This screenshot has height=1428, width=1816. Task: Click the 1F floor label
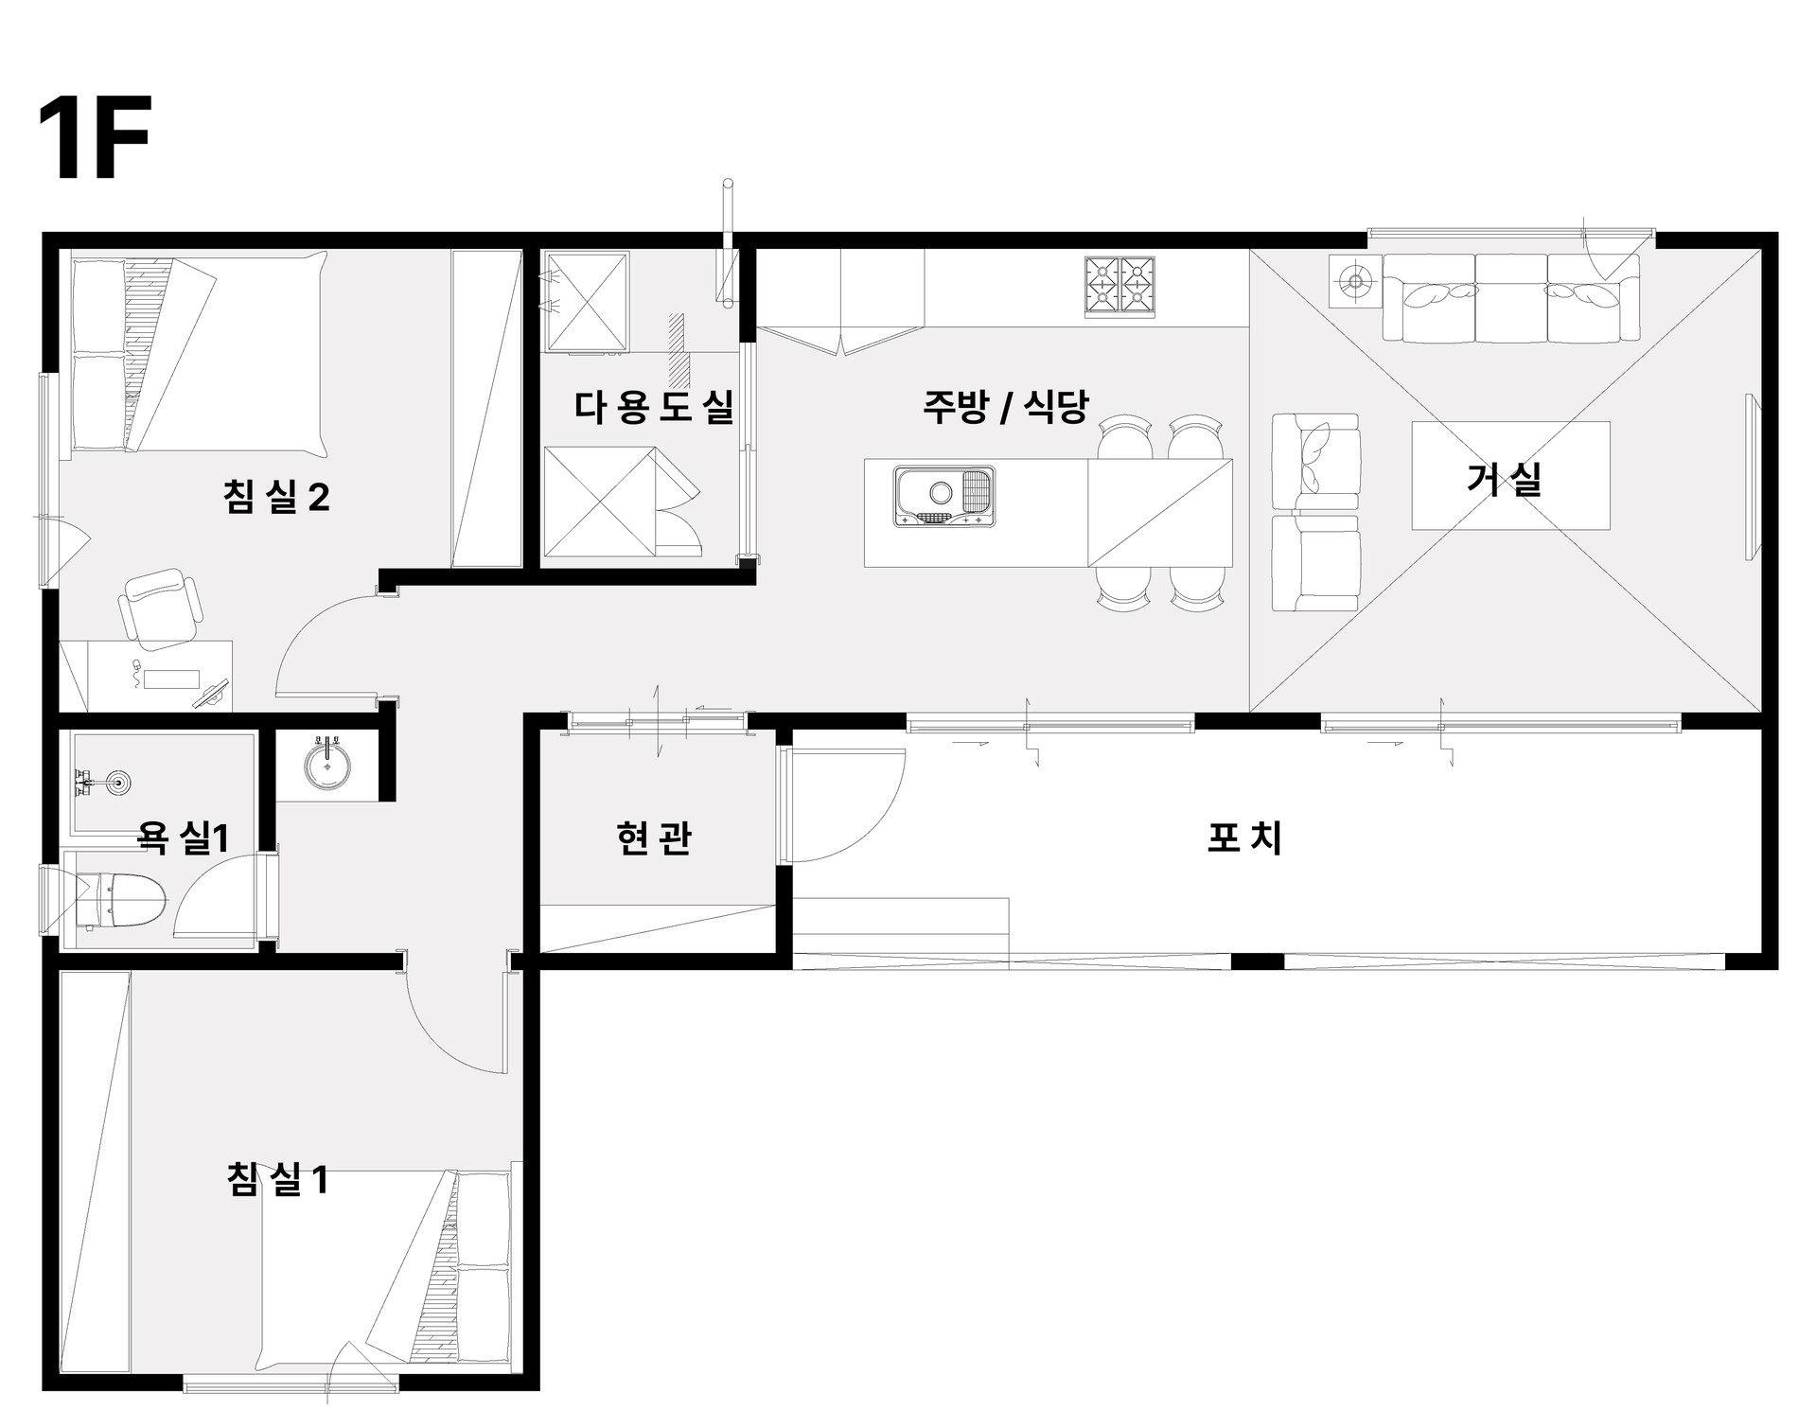click(x=95, y=138)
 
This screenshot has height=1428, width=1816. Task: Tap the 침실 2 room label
click(x=276, y=498)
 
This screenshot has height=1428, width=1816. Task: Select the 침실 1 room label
click(x=277, y=1180)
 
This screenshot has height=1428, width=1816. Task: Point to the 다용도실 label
click(x=654, y=407)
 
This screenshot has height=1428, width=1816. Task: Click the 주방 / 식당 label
click(x=1006, y=407)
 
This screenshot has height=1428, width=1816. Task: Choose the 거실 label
click(x=1504, y=479)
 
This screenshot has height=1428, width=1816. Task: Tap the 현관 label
click(x=653, y=837)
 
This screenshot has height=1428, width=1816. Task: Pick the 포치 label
click(x=1245, y=837)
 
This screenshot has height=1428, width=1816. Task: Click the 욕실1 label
click(x=184, y=837)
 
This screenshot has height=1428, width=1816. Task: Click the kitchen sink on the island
click(x=943, y=496)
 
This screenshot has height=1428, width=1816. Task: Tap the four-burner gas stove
click(x=1120, y=285)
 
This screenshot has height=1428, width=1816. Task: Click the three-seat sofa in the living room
click(x=1510, y=297)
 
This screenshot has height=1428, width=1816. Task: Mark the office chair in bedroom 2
click(x=161, y=608)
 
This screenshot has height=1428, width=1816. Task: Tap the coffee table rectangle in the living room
click(x=1510, y=475)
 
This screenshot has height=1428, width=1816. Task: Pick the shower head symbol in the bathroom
click(x=119, y=782)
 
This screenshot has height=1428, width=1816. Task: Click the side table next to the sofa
click(x=1354, y=281)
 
